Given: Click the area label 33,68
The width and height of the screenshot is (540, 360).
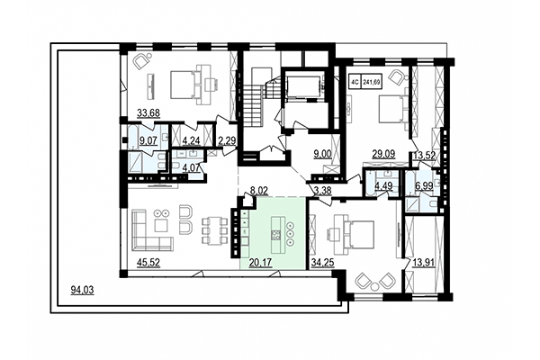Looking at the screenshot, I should (148, 112).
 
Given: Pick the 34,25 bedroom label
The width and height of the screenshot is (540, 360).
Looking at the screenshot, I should (321, 263).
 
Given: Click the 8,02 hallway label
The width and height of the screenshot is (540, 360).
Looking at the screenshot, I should (259, 191).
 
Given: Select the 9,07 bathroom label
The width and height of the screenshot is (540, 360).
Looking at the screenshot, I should (139, 140).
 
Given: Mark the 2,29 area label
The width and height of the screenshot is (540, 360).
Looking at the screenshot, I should (227, 140).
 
